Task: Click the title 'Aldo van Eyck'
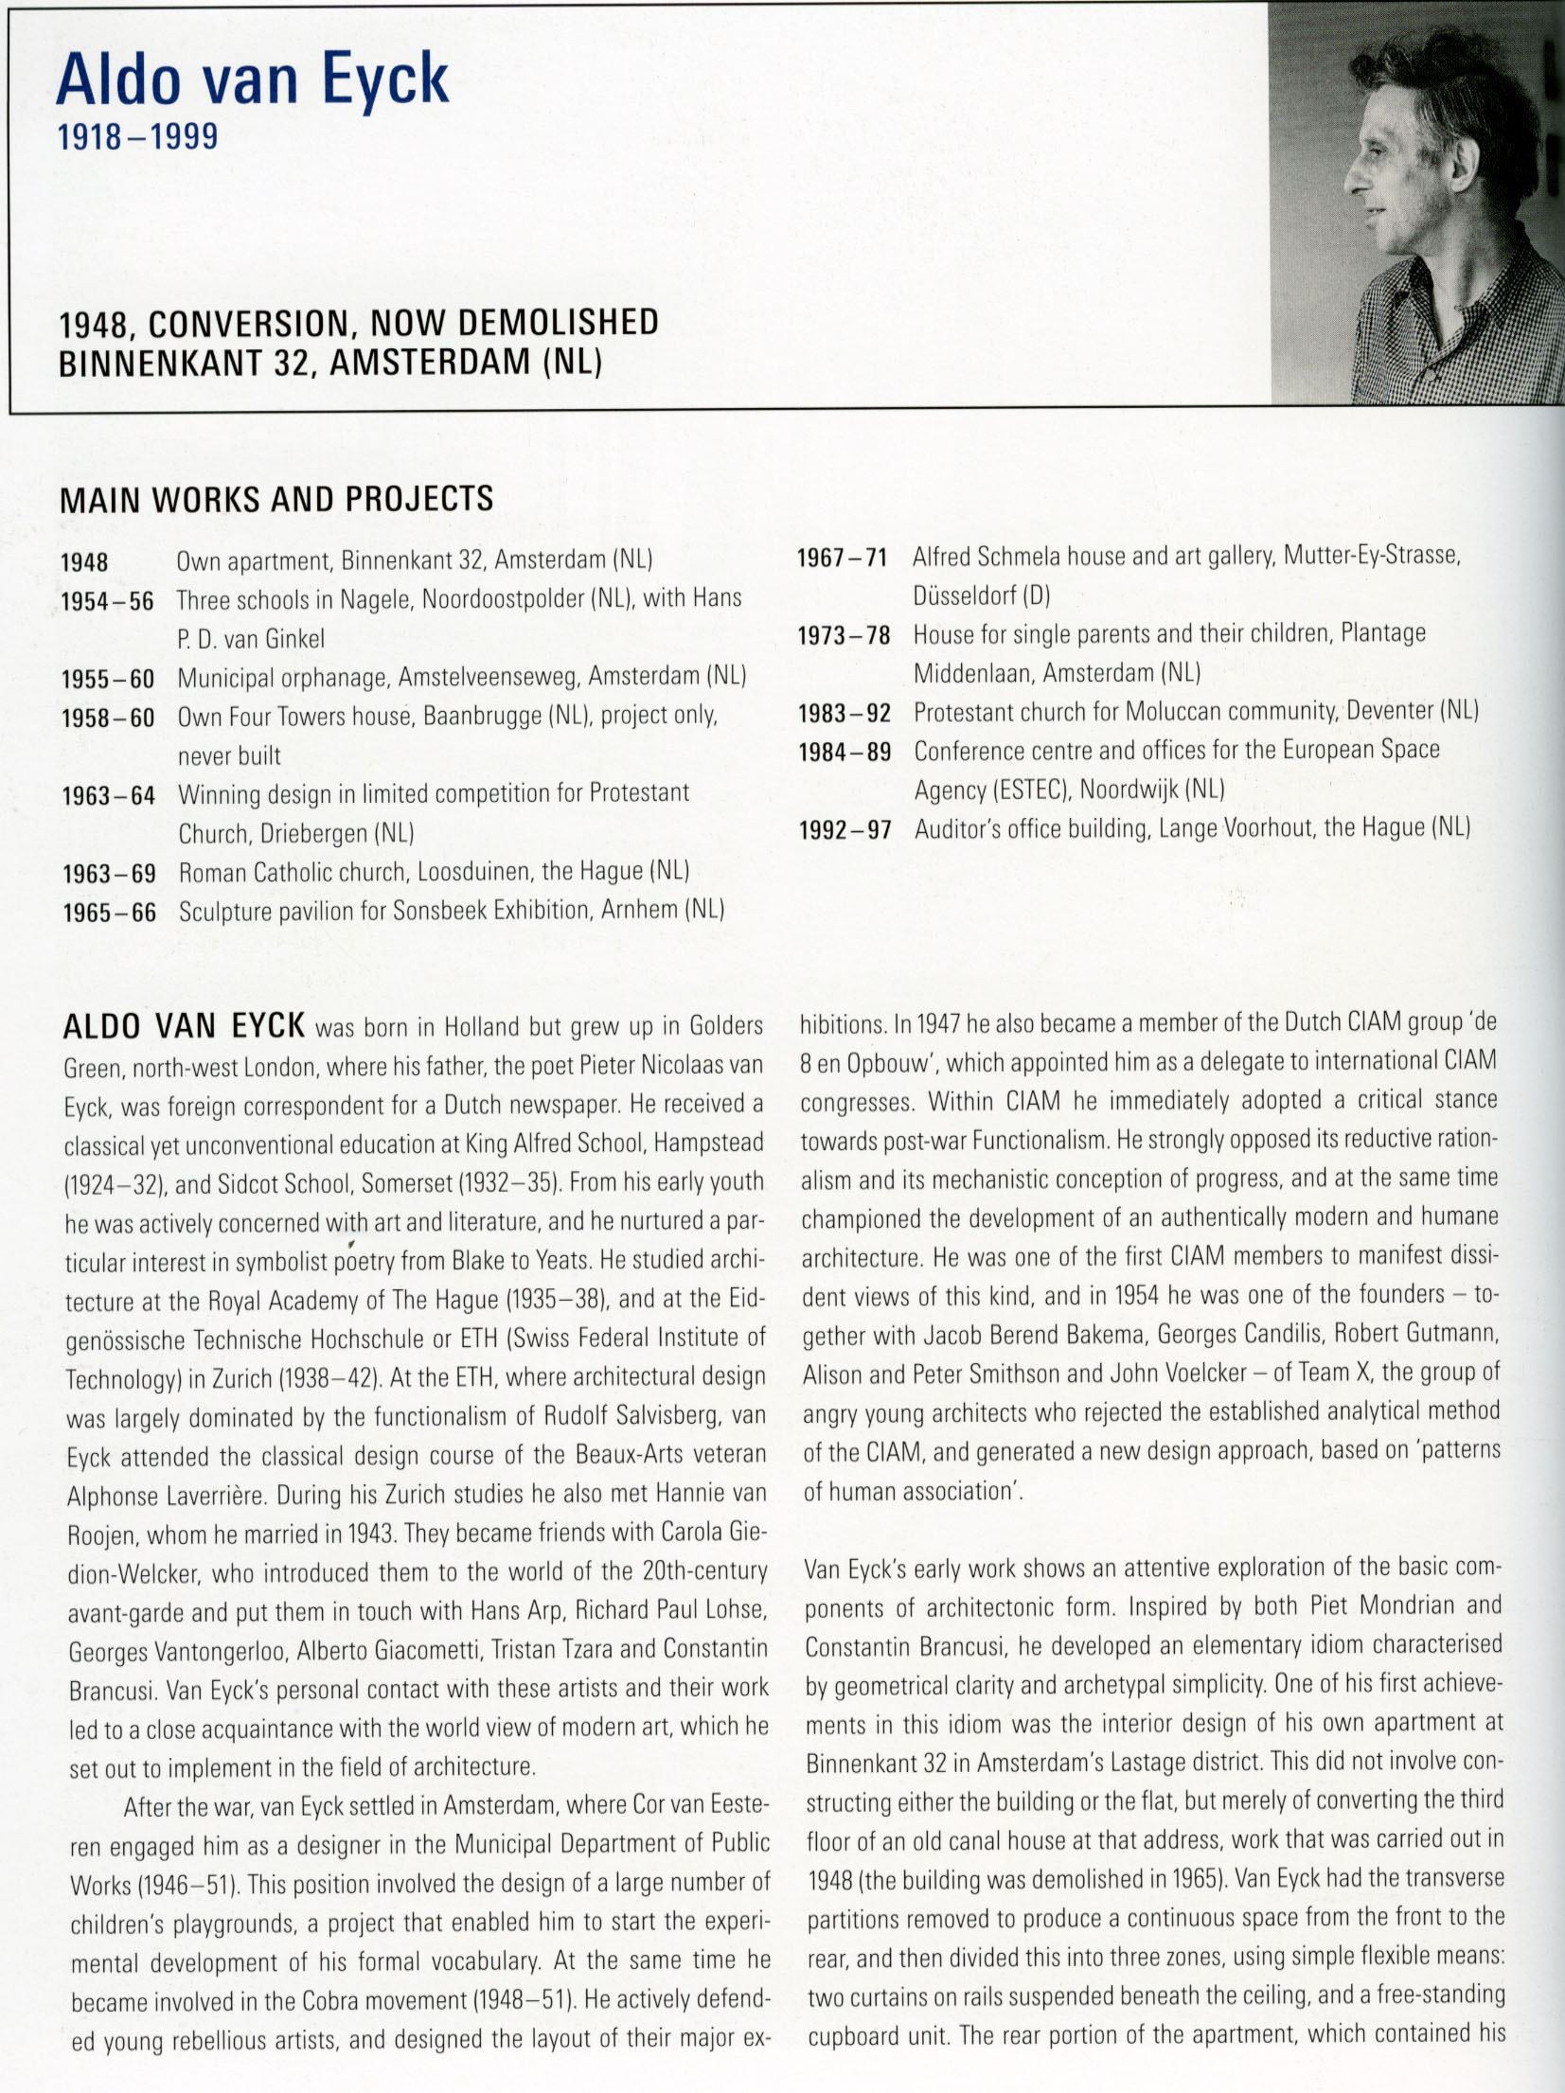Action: coord(252,80)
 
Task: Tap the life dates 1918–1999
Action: coord(138,138)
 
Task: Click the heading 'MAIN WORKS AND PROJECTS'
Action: coord(276,499)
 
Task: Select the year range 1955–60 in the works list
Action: coord(108,679)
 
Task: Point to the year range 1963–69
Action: coord(109,874)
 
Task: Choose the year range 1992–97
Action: coord(845,830)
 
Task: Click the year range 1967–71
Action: coord(842,558)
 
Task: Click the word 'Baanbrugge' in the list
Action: coord(482,716)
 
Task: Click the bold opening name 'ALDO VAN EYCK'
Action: coord(184,1025)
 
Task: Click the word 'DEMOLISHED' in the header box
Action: coord(558,324)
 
